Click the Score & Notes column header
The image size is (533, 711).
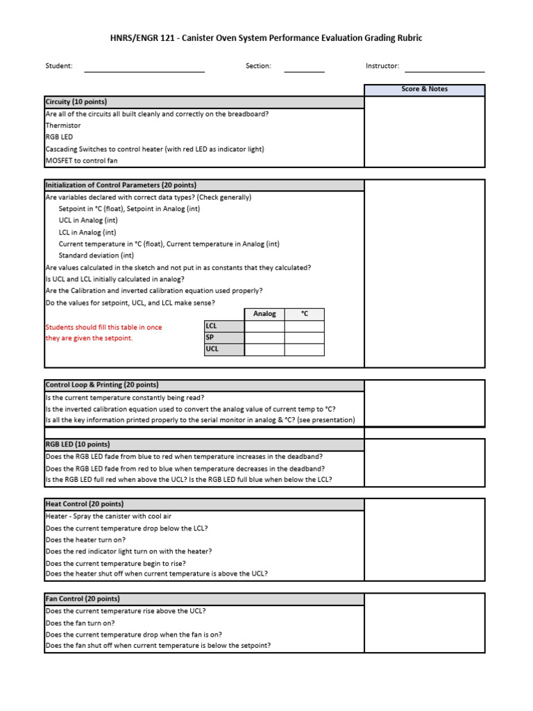(x=425, y=90)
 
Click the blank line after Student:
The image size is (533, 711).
(x=144, y=67)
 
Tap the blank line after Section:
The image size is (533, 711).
(x=304, y=67)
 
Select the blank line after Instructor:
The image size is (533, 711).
(x=444, y=67)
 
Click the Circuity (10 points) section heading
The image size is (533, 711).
(x=76, y=102)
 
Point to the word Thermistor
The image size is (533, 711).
(x=63, y=126)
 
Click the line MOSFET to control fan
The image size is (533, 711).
(x=81, y=161)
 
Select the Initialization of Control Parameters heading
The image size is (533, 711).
(x=121, y=185)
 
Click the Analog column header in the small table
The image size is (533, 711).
(x=264, y=314)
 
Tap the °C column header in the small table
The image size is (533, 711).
(x=304, y=314)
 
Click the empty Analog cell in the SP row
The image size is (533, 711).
(x=264, y=337)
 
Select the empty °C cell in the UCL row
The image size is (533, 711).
(x=304, y=349)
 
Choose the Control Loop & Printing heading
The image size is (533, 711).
(x=102, y=385)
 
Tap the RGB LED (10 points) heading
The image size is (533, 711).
(x=77, y=444)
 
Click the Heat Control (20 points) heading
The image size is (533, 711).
(x=85, y=504)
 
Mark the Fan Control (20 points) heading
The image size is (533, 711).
(x=83, y=599)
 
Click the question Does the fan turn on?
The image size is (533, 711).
(x=80, y=623)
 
